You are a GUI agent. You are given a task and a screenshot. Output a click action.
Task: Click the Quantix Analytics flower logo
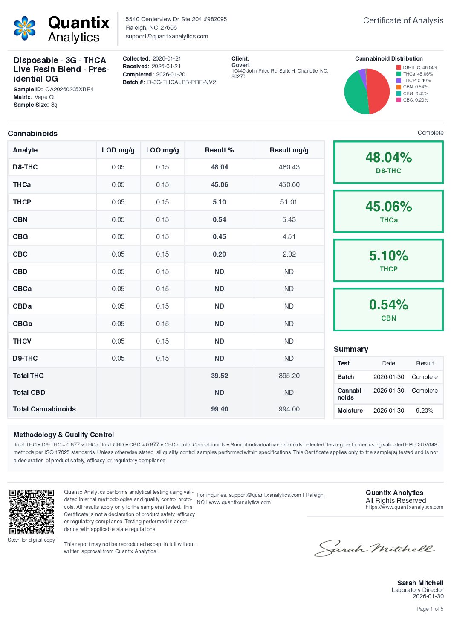tap(25, 28)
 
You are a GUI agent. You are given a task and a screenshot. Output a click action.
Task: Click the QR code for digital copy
tap(32, 511)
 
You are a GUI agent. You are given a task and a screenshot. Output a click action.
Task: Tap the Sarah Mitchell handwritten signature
tap(374, 548)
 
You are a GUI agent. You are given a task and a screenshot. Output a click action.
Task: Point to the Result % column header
tap(219, 150)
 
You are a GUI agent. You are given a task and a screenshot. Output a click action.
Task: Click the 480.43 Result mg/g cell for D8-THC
tap(289, 167)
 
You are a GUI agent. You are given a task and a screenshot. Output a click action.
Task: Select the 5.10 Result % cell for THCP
tap(219, 202)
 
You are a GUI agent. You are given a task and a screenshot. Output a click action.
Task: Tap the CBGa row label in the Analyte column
tap(23, 324)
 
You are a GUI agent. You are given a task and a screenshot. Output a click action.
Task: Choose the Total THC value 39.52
tap(219, 376)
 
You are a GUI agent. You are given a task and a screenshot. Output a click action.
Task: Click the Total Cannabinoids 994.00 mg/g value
tap(289, 409)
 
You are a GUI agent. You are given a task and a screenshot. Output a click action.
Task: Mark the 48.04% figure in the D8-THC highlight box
tap(388, 158)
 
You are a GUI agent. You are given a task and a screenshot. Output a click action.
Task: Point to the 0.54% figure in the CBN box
tap(388, 305)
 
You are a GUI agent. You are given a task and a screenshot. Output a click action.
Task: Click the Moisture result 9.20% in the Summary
tap(425, 411)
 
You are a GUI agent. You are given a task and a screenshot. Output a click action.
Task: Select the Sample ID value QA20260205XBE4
tap(69, 90)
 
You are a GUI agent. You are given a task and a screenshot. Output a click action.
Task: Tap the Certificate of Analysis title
tap(403, 20)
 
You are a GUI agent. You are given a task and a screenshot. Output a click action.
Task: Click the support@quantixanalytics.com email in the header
tap(167, 36)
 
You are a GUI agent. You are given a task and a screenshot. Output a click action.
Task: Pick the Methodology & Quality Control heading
tap(64, 435)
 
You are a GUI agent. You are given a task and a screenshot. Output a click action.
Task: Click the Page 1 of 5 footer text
tap(430, 609)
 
